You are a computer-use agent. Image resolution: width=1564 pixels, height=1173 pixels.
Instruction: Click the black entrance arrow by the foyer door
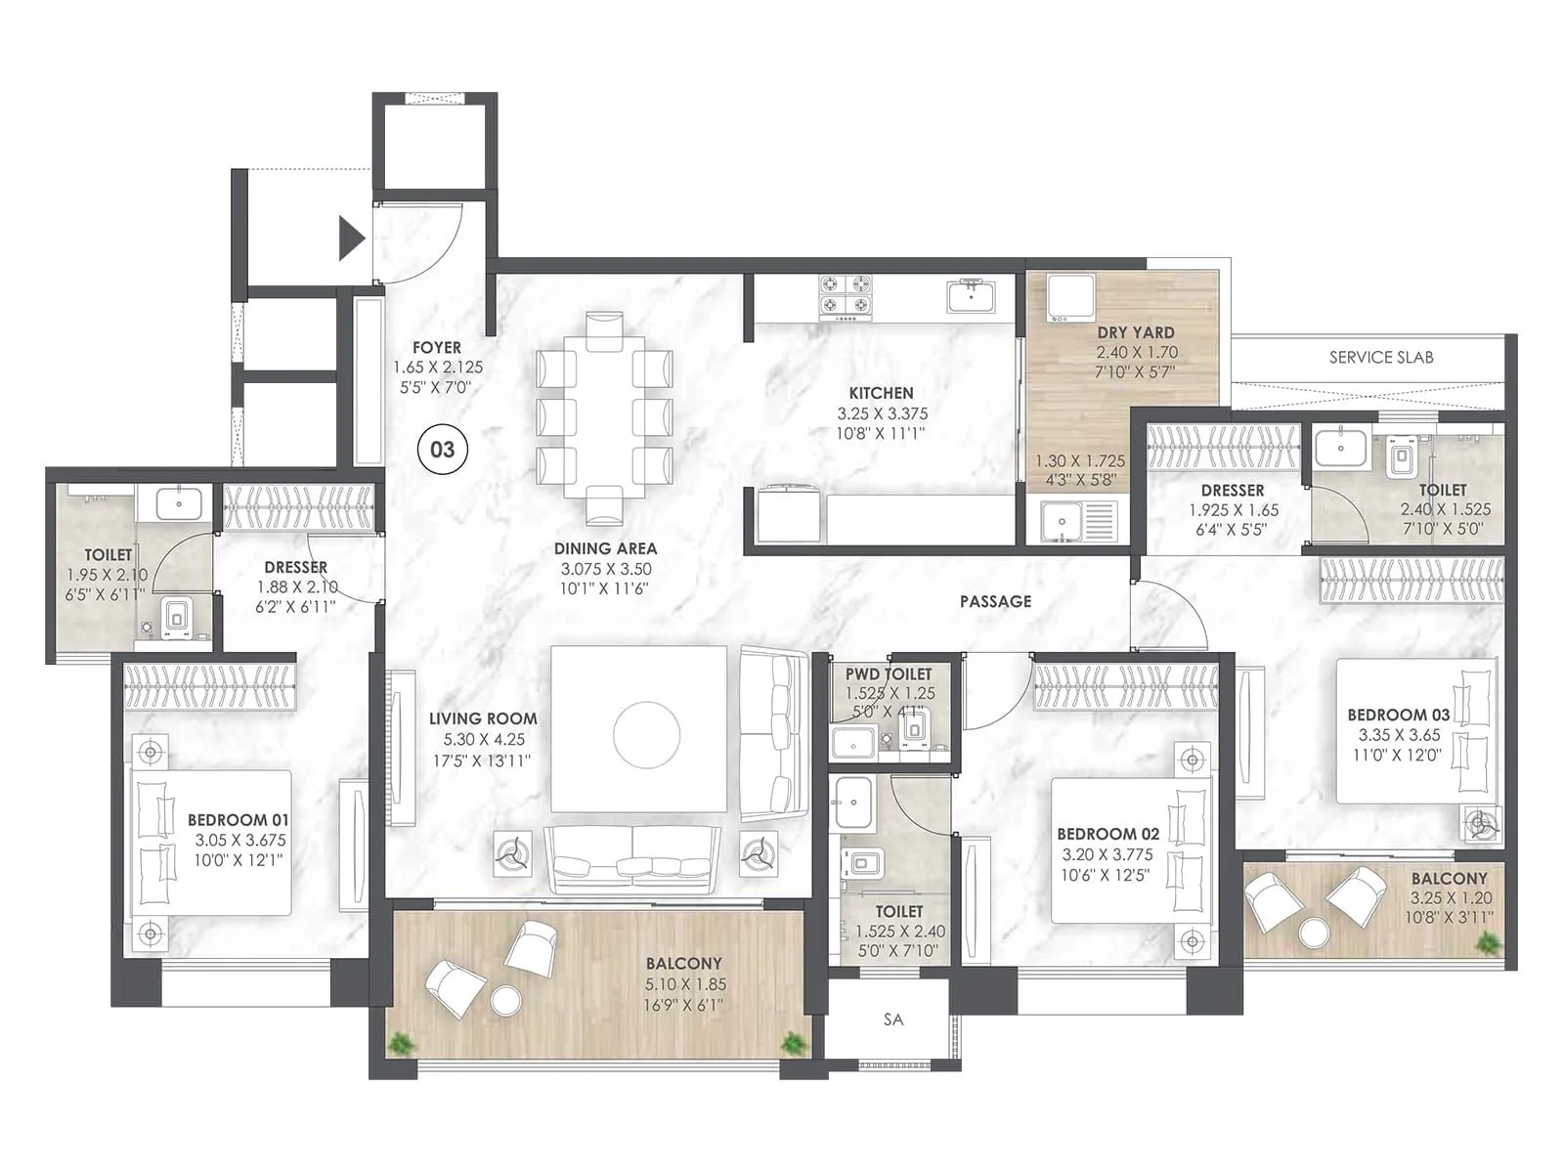tap(351, 239)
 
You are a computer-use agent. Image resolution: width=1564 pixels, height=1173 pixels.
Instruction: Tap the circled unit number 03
tap(442, 450)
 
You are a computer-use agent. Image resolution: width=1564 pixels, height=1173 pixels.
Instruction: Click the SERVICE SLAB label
tap(1380, 358)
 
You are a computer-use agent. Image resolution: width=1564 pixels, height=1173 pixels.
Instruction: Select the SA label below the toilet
tap(893, 1020)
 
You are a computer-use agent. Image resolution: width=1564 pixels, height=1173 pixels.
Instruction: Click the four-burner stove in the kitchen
tap(845, 296)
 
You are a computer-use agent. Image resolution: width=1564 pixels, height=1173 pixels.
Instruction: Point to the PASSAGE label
tap(995, 601)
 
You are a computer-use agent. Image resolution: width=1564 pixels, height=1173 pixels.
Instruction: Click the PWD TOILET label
tap(889, 673)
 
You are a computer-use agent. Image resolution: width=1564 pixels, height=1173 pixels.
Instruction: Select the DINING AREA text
tap(605, 548)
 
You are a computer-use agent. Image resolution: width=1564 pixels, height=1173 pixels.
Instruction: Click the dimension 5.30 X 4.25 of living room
tap(483, 739)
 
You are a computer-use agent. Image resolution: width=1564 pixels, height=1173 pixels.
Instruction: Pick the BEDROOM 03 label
tap(1398, 715)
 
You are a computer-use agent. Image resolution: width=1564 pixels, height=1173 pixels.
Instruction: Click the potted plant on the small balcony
tap(1489, 943)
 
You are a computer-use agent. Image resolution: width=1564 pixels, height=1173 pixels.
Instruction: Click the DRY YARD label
tap(1135, 332)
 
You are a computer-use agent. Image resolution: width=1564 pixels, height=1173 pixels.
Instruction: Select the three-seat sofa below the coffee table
tap(633, 856)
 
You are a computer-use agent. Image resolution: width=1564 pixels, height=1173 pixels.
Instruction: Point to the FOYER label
tap(437, 347)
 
